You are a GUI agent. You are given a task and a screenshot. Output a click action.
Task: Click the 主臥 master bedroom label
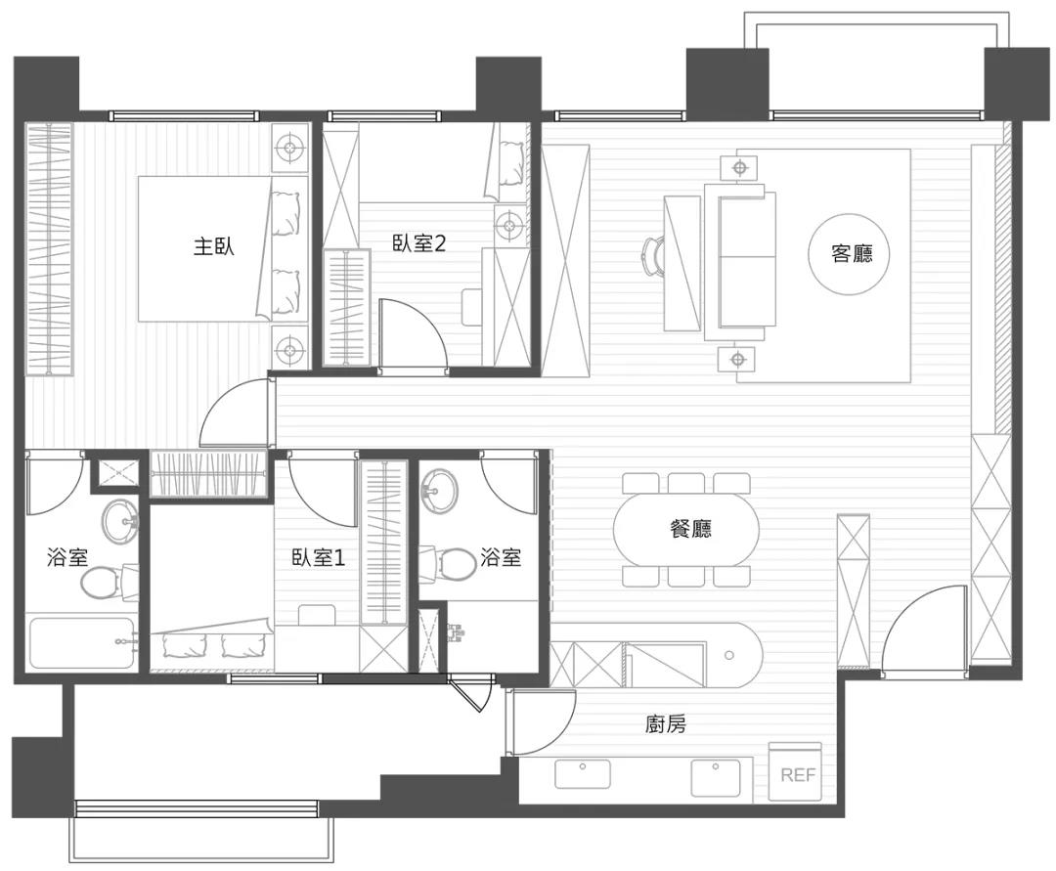213,246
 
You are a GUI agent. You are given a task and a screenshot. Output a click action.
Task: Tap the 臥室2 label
418,243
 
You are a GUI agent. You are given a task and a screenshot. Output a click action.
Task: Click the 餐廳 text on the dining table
690,529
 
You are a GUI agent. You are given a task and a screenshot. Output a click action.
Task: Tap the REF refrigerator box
797,773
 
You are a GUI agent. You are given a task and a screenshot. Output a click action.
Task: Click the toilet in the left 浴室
99,584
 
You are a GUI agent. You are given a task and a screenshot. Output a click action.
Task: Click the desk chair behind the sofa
652,256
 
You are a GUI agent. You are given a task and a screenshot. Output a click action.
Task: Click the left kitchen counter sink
583,774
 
